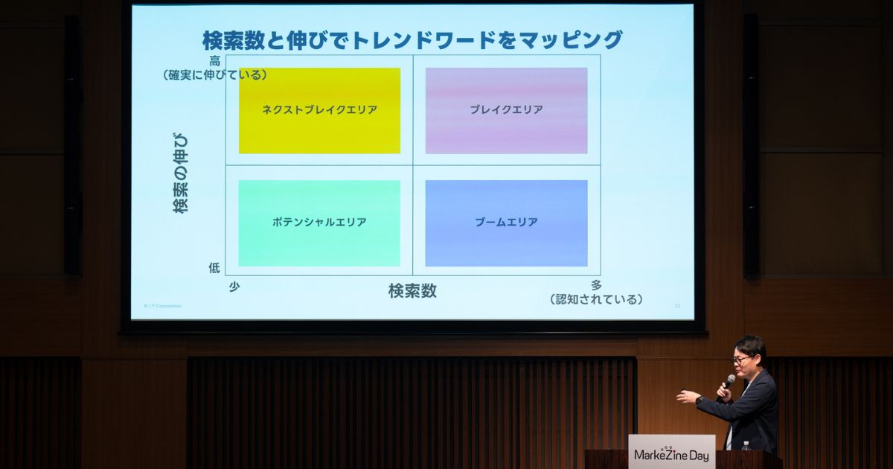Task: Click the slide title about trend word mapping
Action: [x=412, y=39]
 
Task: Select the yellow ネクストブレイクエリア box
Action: [x=319, y=110]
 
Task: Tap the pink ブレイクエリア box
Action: [x=506, y=110]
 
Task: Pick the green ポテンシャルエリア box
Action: [x=319, y=223]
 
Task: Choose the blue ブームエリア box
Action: [x=506, y=223]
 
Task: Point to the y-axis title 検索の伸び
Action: [x=181, y=173]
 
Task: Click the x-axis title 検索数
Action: [x=412, y=291]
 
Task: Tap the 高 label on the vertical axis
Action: [x=214, y=61]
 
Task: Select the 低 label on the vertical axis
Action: [x=214, y=268]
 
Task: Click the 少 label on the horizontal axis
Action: [x=234, y=287]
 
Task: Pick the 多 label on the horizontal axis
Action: [x=596, y=285]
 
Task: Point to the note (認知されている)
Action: [x=596, y=299]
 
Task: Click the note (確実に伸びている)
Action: [x=216, y=74]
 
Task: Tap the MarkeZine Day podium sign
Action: [x=671, y=454]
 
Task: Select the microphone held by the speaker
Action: [x=728, y=383]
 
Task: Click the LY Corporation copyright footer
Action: [x=162, y=305]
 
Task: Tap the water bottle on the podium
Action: [x=746, y=446]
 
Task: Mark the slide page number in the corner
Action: [x=676, y=305]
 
